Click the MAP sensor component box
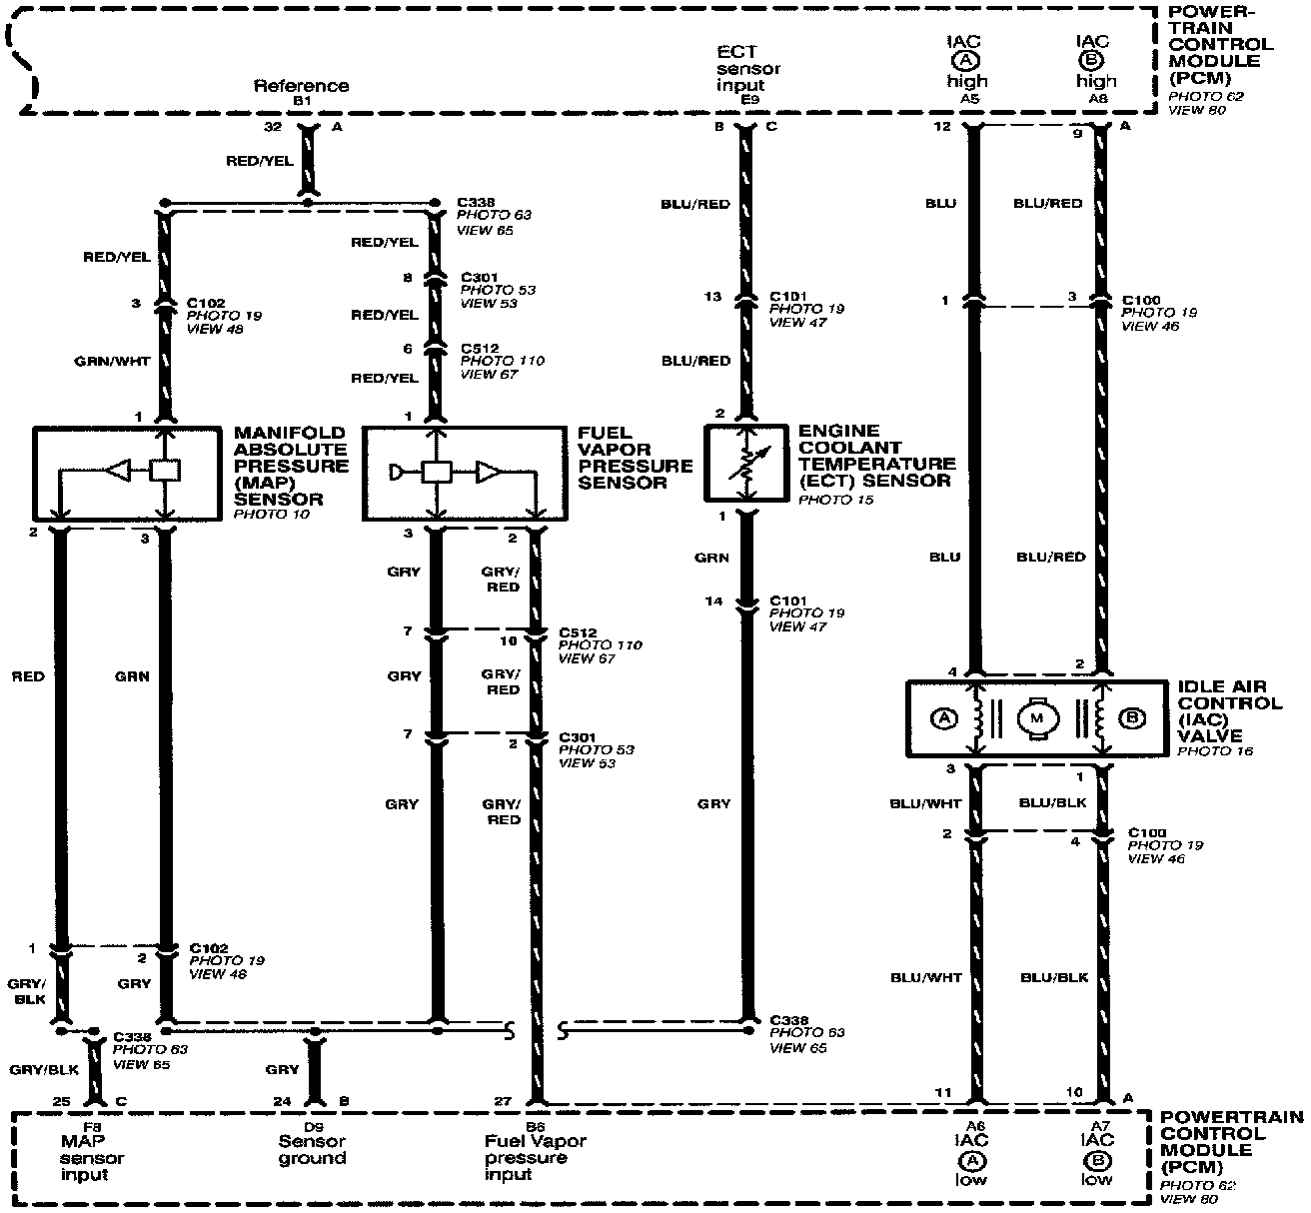(x=127, y=473)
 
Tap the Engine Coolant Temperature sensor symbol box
(x=746, y=462)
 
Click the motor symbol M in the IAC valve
(x=1037, y=717)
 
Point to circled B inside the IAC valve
(x=1132, y=717)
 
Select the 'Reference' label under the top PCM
(x=301, y=86)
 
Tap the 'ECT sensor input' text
(x=748, y=68)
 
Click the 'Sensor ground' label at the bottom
(x=312, y=1150)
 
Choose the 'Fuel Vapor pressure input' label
(x=534, y=1157)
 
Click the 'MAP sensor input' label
(x=92, y=1157)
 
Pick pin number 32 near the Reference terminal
(x=273, y=127)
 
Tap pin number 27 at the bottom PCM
(x=502, y=1103)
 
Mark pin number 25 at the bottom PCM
(x=62, y=1103)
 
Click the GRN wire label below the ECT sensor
(x=713, y=558)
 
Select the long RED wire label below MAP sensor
(x=28, y=676)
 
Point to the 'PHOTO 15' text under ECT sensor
(x=836, y=499)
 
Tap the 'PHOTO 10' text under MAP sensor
(x=271, y=514)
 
